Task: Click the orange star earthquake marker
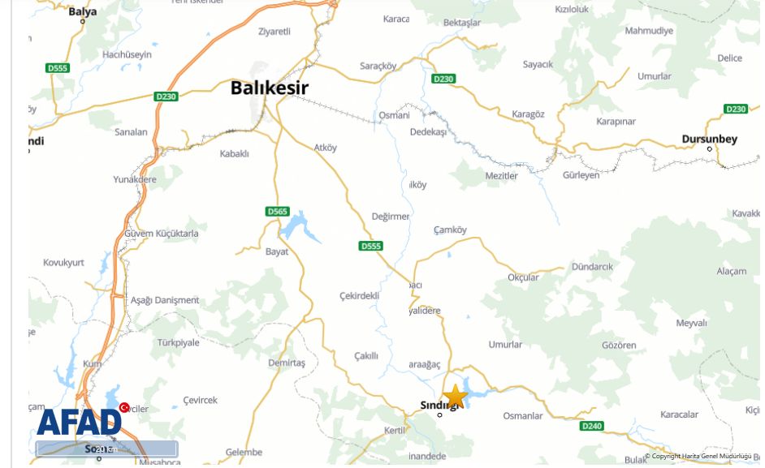(x=455, y=397)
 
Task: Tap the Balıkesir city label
(x=270, y=88)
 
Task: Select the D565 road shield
(x=278, y=212)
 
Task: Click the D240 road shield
(x=592, y=426)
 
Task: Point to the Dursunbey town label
(x=709, y=139)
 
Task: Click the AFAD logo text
(x=79, y=423)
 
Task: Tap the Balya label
(x=82, y=11)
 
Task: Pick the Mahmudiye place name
(x=649, y=31)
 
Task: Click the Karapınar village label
(x=616, y=122)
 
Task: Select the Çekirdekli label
(x=359, y=295)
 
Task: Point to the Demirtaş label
(x=287, y=363)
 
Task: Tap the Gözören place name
(x=619, y=346)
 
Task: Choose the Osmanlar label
(x=522, y=416)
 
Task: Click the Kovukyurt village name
(x=63, y=263)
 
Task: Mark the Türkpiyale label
(x=178, y=342)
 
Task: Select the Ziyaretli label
(x=274, y=32)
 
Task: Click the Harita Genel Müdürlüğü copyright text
(x=698, y=457)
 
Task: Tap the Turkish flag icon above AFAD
(x=124, y=406)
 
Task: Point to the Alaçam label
(x=731, y=271)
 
